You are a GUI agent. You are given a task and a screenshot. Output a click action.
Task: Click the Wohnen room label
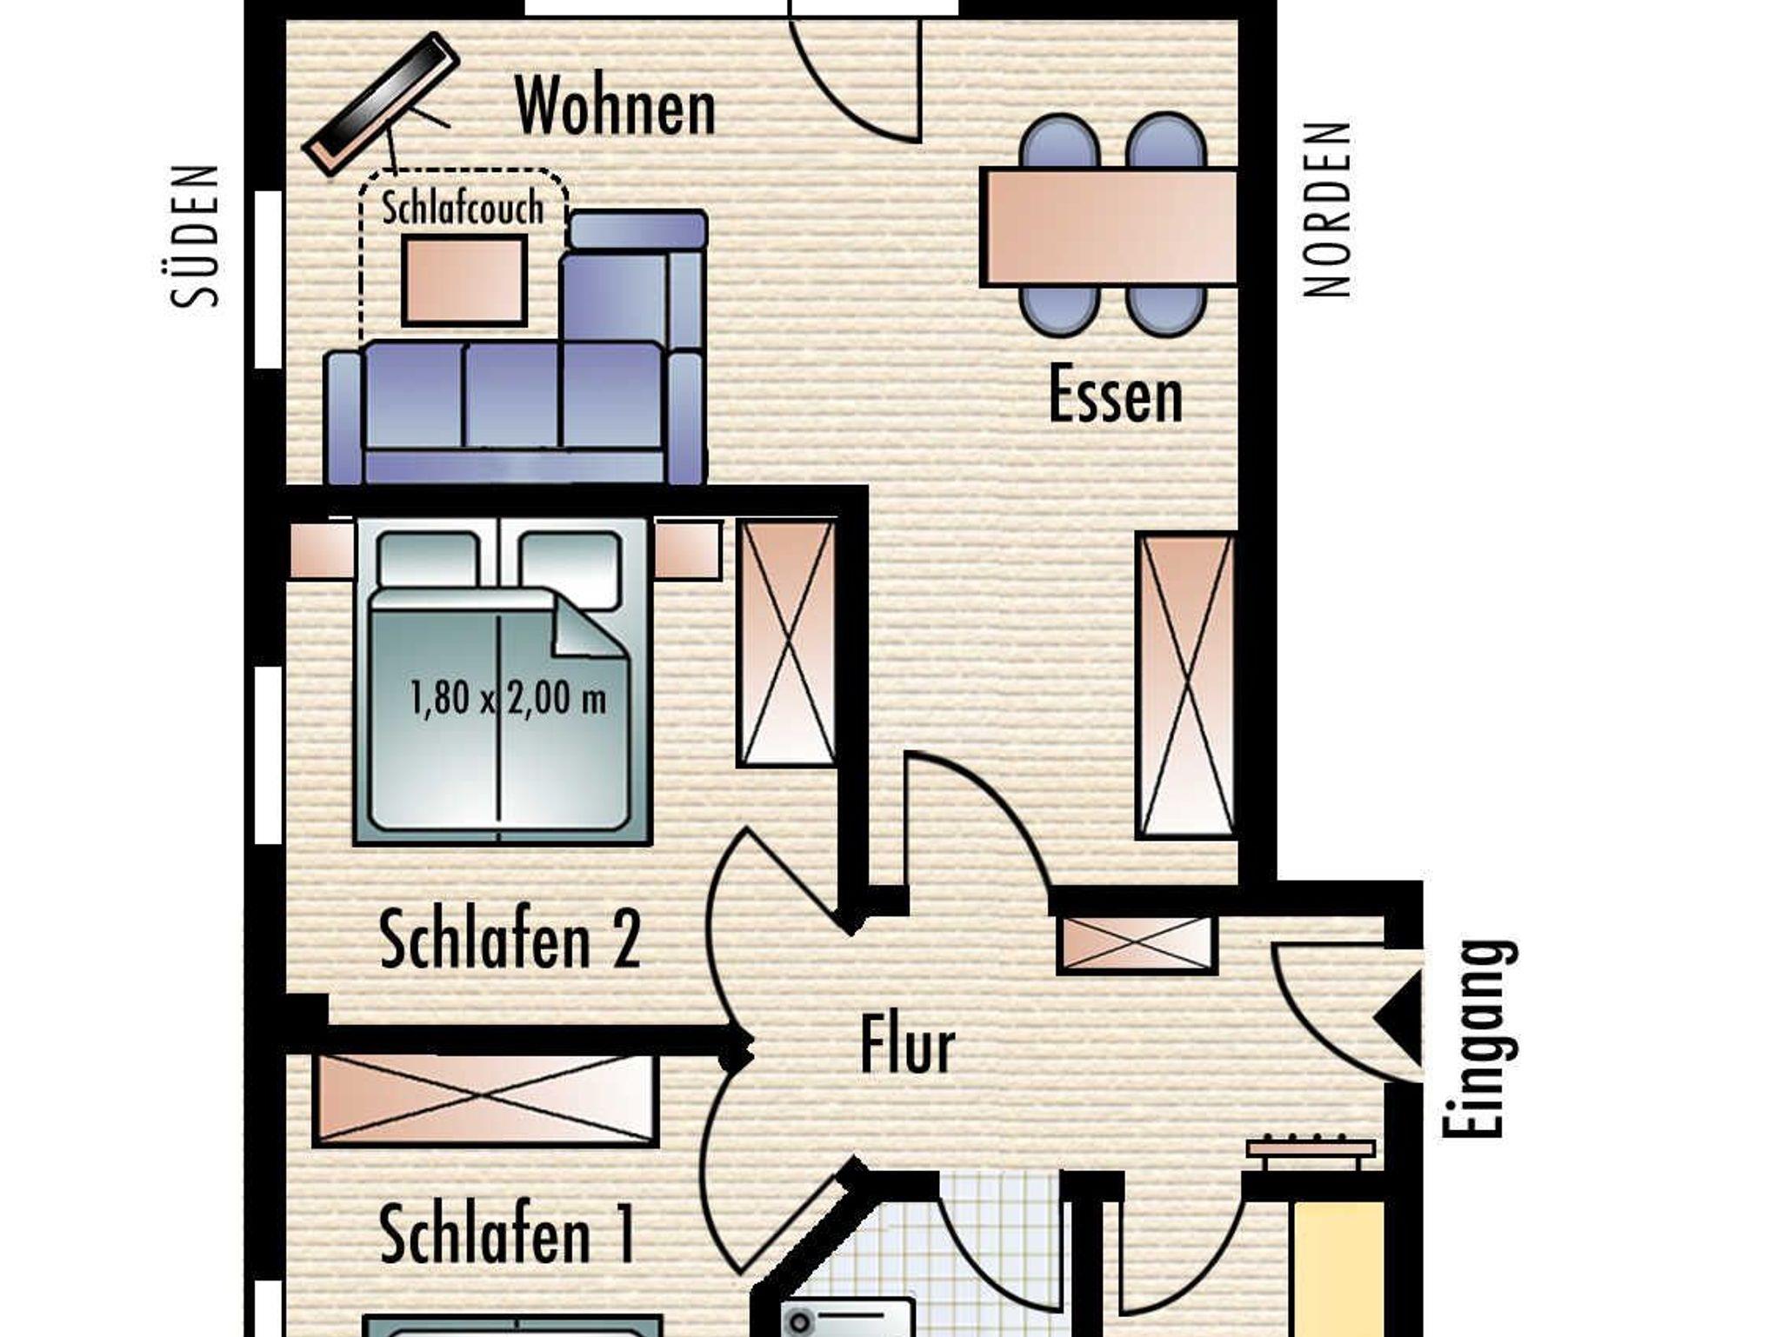(x=615, y=106)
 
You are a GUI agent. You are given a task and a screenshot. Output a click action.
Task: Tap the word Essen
(x=1115, y=395)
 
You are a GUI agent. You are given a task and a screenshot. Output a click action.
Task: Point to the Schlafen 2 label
(x=510, y=939)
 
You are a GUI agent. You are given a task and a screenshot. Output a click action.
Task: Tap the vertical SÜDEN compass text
(x=195, y=236)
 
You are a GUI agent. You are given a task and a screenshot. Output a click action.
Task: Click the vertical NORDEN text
(x=1327, y=210)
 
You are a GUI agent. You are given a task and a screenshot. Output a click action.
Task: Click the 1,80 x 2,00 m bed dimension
(x=508, y=697)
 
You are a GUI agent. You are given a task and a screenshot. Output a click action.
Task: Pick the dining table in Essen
(x=1109, y=227)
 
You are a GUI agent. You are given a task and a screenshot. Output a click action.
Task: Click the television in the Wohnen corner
(x=381, y=104)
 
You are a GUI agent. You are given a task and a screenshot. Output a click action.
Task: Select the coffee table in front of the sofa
(x=464, y=280)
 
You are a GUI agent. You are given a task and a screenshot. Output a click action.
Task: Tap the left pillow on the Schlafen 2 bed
(x=429, y=559)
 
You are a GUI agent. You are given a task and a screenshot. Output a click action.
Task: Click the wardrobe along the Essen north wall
(x=1185, y=686)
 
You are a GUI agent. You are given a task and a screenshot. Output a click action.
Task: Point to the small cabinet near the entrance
(x=1136, y=943)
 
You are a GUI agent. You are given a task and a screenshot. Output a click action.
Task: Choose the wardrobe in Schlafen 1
(x=485, y=1100)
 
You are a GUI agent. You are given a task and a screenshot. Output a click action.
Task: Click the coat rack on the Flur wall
(x=1311, y=1149)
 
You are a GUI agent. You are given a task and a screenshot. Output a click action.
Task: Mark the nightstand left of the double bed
(x=321, y=550)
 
